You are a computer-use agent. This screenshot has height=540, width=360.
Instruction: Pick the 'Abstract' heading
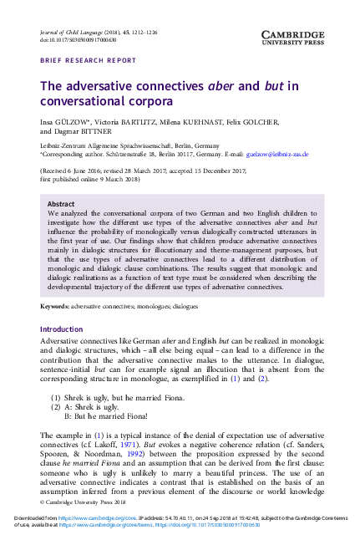tap(60, 203)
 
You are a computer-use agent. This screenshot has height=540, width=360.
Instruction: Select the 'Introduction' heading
tap(62, 306)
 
